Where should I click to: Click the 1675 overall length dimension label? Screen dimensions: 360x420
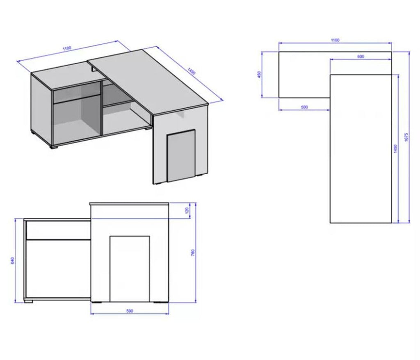click(406, 138)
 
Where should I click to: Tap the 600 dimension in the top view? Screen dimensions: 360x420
click(361, 57)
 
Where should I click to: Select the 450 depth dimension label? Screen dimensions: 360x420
click(259, 75)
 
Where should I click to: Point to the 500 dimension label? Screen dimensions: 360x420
click(304, 107)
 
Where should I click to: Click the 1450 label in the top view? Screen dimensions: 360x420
click(395, 148)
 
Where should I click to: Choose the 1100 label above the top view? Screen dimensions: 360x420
click(335, 40)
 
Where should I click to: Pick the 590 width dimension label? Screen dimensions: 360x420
click(129, 311)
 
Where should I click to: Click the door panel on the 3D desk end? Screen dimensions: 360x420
click(181, 156)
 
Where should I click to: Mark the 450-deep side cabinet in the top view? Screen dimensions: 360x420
click(304, 75)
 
